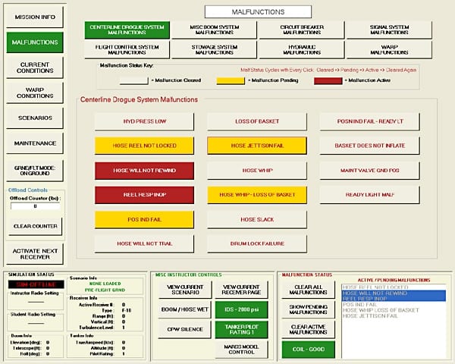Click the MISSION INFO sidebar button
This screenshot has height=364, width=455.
tap(34, 16)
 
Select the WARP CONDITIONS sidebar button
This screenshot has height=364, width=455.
tap(34, 93)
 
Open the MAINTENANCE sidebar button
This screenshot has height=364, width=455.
tap(34, 143)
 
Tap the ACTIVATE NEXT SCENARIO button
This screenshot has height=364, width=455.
tap(34, 253)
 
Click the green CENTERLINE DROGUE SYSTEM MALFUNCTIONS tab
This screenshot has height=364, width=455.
tap(127, 30)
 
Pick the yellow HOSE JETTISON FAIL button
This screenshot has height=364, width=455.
tap(257, 146)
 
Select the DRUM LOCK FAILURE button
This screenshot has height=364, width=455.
tap(257, 243)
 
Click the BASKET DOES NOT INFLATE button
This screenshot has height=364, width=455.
tap(367, 146)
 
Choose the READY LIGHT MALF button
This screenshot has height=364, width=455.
tap(367, 195)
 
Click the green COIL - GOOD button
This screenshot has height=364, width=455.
tap(307, 349)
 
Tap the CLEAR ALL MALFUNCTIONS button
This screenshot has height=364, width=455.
tap(307, 289)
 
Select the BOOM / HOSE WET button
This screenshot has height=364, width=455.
tap(179, 309)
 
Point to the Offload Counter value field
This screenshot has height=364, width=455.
tap(34, 206)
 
